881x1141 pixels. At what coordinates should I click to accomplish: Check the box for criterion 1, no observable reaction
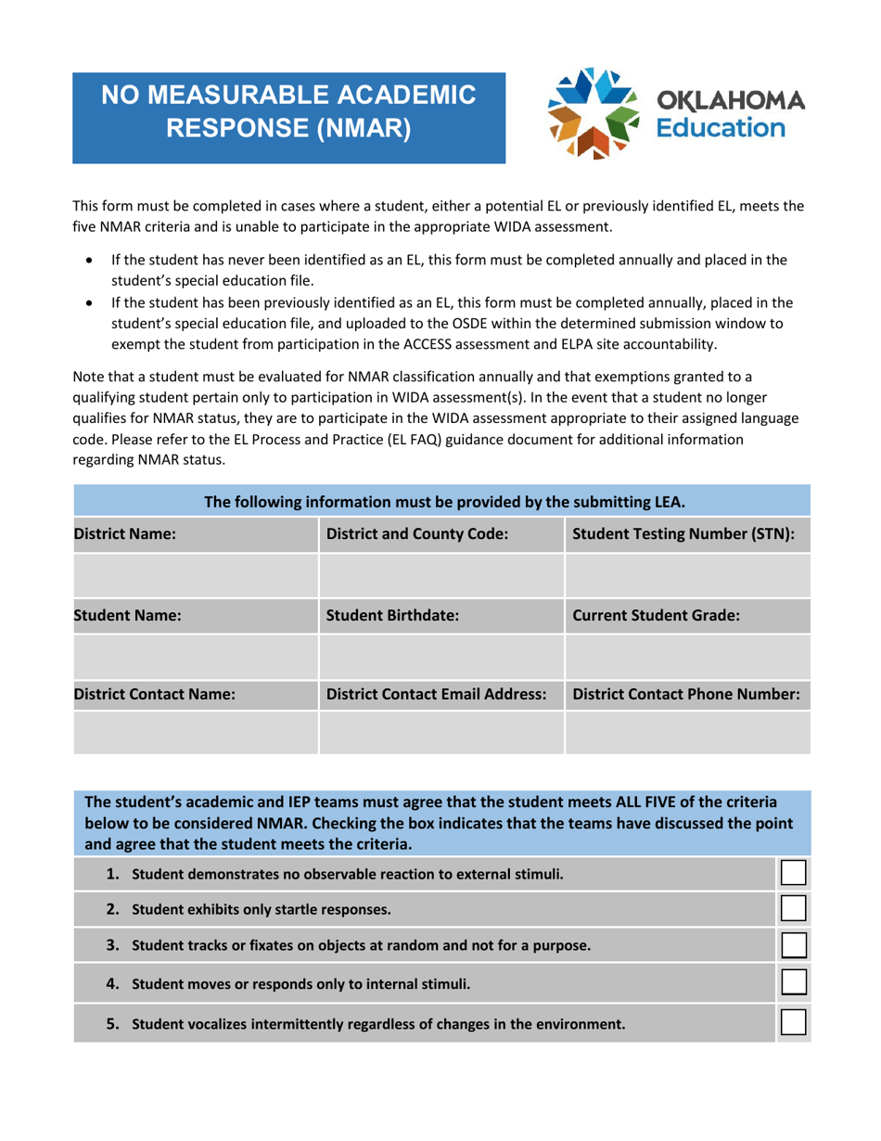pos(793,873)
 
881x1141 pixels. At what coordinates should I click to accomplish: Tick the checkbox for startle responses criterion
pos(793,909)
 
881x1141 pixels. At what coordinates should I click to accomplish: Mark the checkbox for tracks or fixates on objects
pos(793,945)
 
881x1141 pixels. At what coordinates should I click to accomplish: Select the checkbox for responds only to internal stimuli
pos(793,983)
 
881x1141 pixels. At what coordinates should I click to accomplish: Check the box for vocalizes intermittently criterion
pos(793,1022)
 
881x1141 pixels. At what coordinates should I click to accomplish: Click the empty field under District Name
pos(195,576)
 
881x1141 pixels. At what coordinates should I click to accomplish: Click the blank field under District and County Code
pos(440,576)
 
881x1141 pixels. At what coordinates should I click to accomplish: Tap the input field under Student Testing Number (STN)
pos(687,576)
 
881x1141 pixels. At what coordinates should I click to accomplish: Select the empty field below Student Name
pos(195,655)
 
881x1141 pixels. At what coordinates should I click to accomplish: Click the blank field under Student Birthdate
pos(440,655)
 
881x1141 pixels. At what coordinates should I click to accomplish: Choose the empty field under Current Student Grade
pos(687,655)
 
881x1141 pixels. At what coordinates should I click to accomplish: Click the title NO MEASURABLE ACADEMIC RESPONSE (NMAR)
pos(288,110)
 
